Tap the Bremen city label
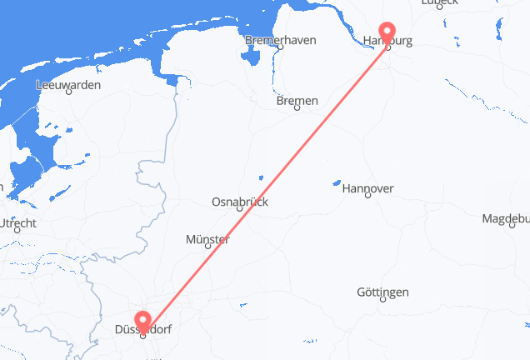tap(298, 102)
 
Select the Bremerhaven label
tap(279, 40)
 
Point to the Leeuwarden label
tap(69, 85)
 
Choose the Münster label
tap(207, 240)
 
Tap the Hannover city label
tap(367, 189)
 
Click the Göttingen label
tap(382, 292)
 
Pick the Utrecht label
tap(17, 223)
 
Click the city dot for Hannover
tap(367, 199)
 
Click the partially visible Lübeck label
tap(439, 3)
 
